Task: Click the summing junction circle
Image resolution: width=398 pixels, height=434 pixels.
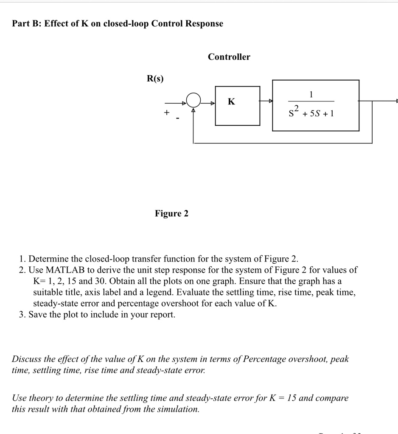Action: (x=193, y=101)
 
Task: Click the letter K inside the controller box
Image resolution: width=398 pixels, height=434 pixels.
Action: (x=231, y=101)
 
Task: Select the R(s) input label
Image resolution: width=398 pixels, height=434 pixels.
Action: (x=155, y=79)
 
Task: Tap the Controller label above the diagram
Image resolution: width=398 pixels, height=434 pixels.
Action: (x=229, y=57)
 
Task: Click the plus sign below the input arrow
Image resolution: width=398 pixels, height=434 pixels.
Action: (x=167, y=113)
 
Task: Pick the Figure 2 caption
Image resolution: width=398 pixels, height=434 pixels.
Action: (x=171, y=213)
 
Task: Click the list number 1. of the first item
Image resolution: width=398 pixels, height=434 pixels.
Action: (x=23, y=259)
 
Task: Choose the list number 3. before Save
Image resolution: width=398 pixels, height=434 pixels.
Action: (x=23, y=315)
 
